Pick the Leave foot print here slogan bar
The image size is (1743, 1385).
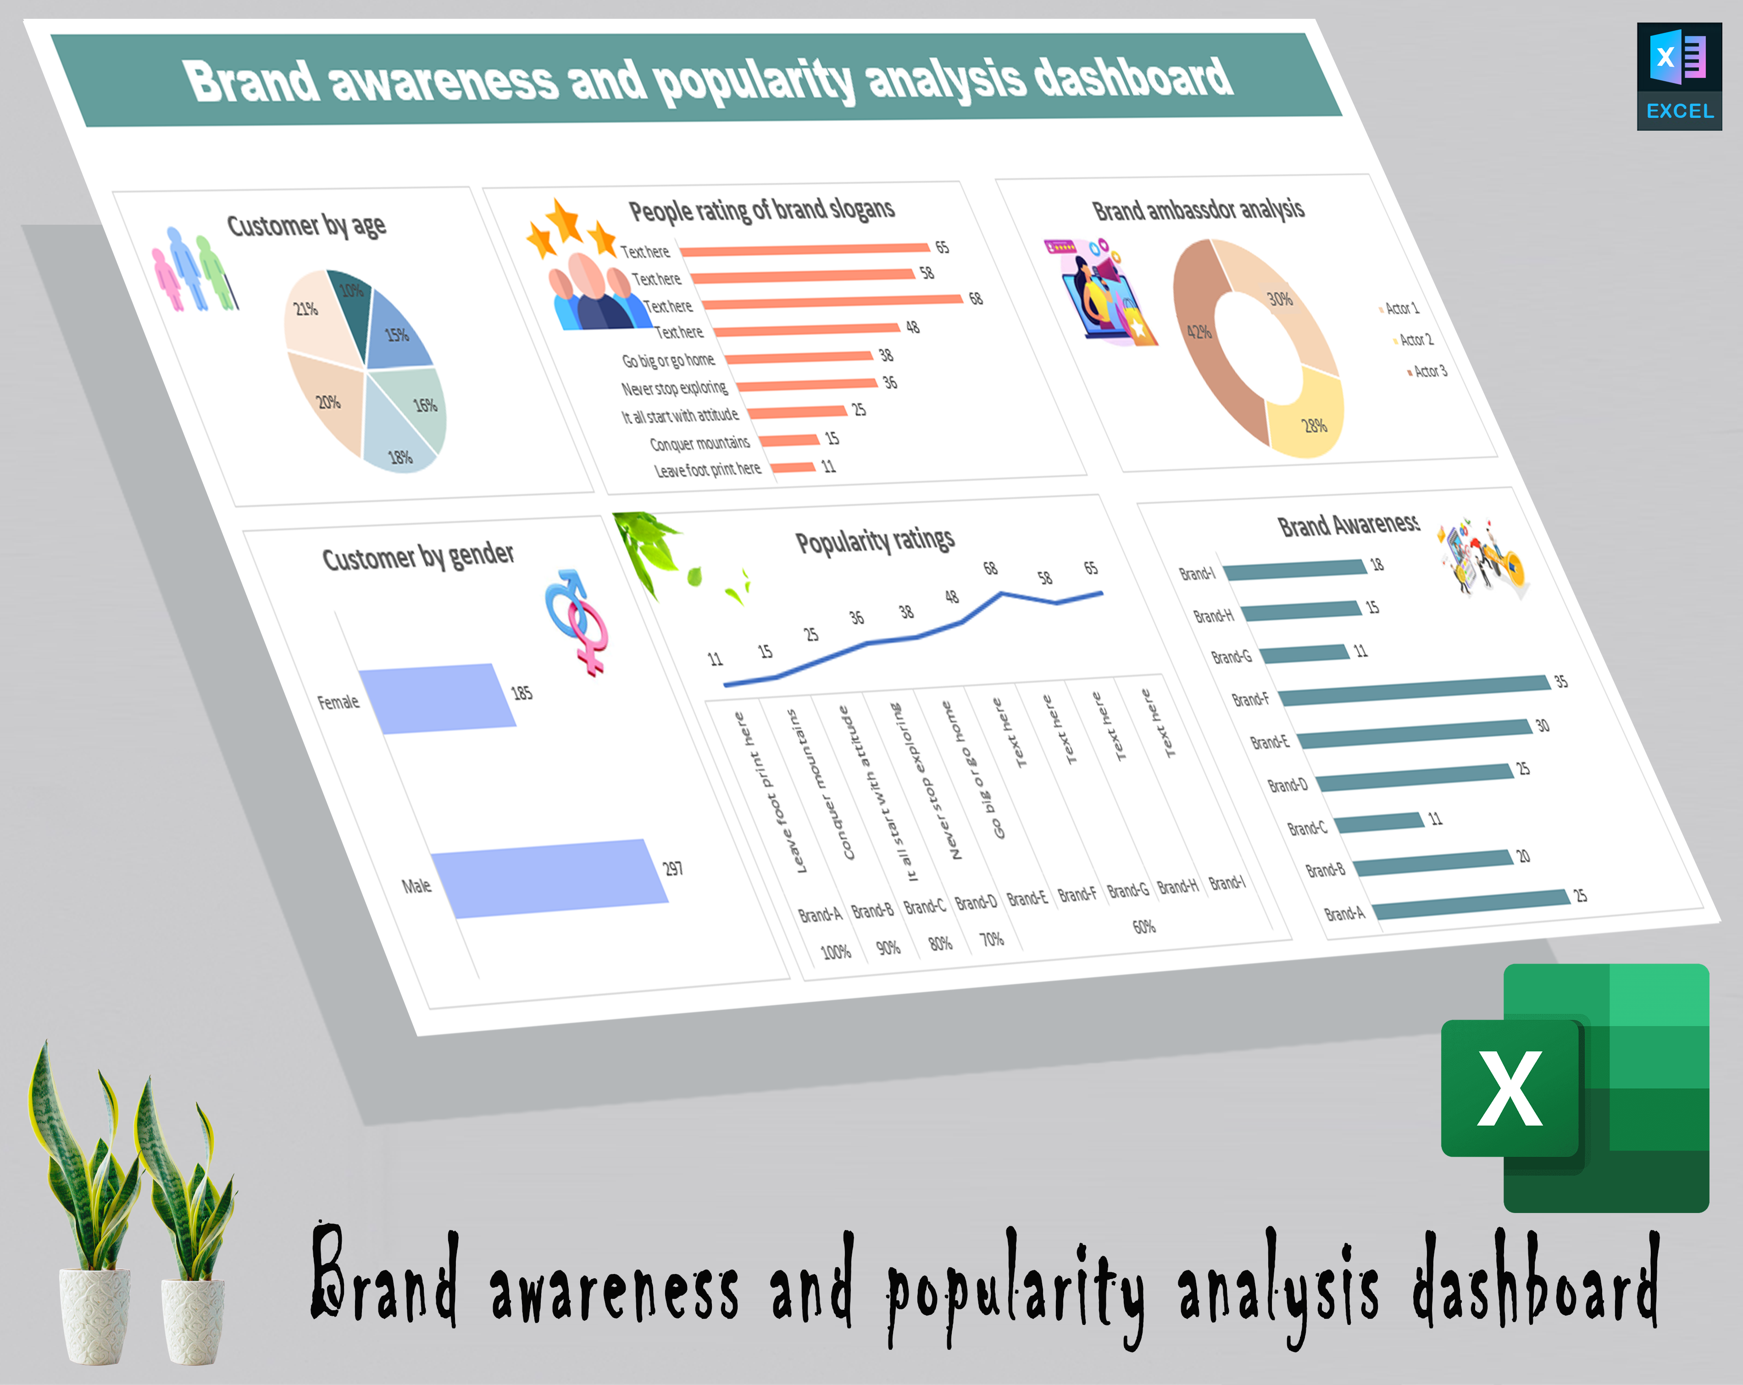792,467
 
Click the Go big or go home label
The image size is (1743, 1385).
668,360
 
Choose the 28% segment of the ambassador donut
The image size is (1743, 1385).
1305,412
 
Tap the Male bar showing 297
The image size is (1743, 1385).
550,878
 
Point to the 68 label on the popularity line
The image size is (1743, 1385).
990,568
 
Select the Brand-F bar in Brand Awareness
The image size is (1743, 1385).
1415,691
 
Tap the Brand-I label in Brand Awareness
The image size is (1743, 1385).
1197,573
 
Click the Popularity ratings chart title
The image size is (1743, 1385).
875,540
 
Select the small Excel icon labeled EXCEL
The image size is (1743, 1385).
1679,76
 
